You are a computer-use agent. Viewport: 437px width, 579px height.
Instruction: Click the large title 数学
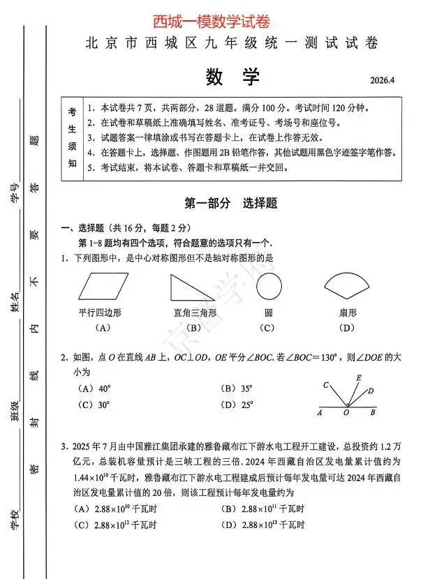(x=232, y=77)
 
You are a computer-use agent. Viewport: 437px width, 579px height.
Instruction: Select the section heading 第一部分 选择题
(x=231, y=203)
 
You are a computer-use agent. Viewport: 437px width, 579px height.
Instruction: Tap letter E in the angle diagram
(x=358, y=378)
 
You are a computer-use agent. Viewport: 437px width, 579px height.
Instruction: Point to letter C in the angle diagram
(x=326, y=385)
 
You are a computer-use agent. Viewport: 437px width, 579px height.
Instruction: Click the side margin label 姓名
(x=14, y=303)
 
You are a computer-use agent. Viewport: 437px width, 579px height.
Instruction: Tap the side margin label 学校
(x=14, y=521)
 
